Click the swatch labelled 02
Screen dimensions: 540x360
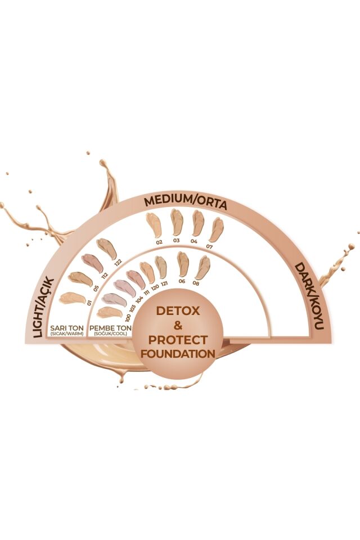152,225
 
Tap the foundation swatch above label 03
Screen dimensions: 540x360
177,222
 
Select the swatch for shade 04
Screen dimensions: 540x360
197,223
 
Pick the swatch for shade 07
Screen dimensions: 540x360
217,228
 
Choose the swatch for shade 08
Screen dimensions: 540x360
202,267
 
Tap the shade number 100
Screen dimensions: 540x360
128,318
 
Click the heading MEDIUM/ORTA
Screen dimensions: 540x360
186,203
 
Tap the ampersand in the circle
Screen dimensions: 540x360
178,325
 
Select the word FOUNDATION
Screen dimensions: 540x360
178,354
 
